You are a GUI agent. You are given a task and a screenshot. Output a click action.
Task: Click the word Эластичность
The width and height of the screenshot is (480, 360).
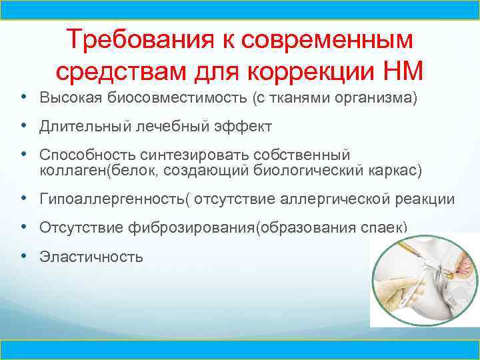tap(91, 256)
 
